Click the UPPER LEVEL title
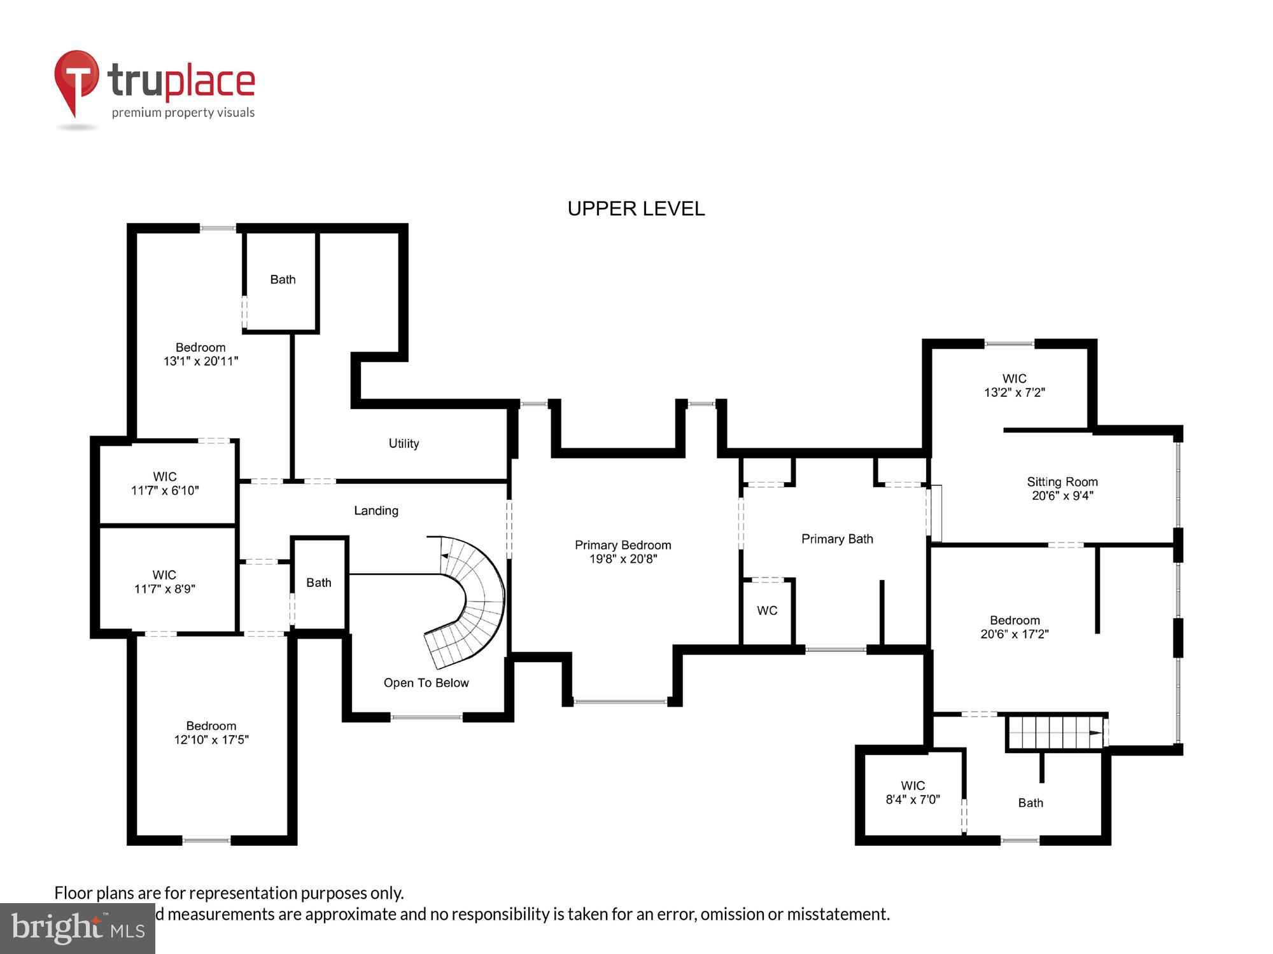click(636, 209)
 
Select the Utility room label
click(404, 443)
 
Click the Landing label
click(376, 511)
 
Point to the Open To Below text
click(426, 682)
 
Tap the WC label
click(767, 611)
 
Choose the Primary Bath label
click(837, 539)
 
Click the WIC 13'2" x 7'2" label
click(1014, 385)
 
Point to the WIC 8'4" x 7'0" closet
click(913, 792)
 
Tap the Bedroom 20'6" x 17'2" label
click(1015, 626)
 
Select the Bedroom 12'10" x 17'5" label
click(211, 733)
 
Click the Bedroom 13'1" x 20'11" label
click(200, 354)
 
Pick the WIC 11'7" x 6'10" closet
click(165, 483)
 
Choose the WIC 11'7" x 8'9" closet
click(164, 581)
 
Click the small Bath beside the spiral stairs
click(318, 583)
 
